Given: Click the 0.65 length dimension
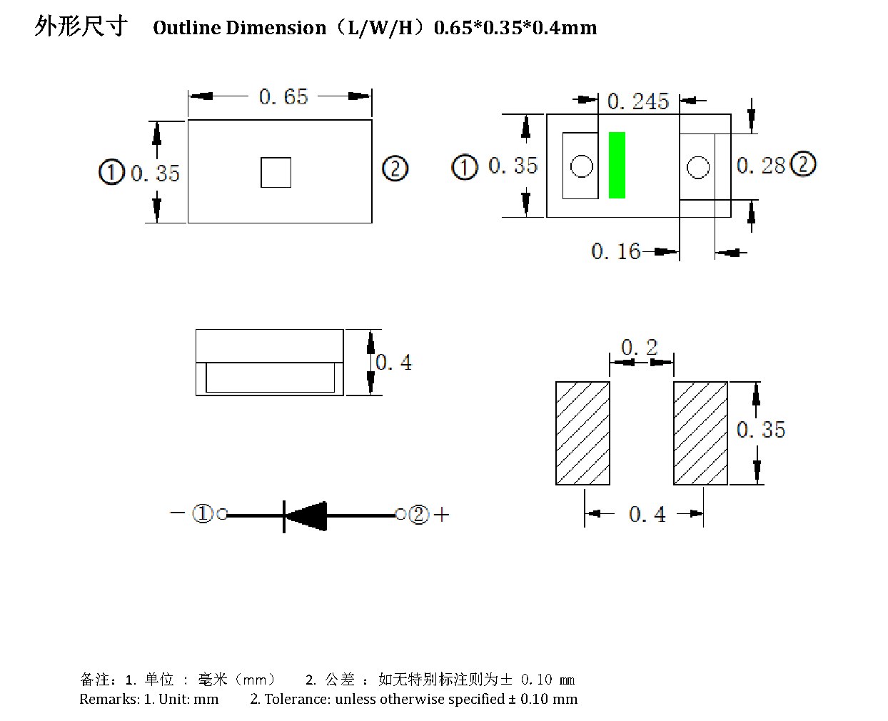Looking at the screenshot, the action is click(283, 96).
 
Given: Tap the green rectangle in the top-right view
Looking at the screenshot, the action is click(617, 165).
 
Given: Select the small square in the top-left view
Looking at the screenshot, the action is click(276, 172).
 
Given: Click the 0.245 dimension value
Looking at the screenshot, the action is click(638, 101).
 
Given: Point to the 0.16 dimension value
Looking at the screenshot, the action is click(615, 251).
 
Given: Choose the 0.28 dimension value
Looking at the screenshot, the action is click(760, 166).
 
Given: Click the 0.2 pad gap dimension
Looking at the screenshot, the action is click(639, 347).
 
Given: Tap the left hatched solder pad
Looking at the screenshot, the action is click(582, 433).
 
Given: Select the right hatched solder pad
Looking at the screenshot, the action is click(700, 433).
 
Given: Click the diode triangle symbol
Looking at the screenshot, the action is click(306, 516).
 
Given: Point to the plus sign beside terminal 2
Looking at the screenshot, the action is click(441, 515).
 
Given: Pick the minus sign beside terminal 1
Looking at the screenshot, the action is click(178, 513).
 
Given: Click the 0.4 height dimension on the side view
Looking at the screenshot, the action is click(393, 362).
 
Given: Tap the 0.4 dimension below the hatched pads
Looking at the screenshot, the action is click(647, 514).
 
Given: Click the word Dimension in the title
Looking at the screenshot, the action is click(276, 28).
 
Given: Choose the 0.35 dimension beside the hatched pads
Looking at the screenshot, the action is click(760, 430).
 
